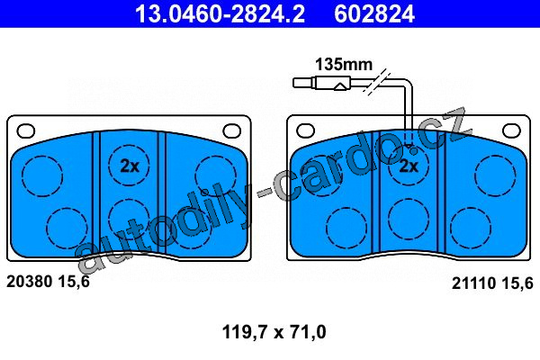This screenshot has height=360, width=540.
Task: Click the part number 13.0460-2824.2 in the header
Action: coord(220,13)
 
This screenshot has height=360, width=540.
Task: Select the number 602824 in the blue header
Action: coord(374,13)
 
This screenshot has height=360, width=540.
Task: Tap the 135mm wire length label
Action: coord(344,65)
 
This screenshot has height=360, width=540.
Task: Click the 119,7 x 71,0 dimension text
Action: coord(274,332)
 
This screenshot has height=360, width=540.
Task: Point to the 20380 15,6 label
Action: coord(48,282)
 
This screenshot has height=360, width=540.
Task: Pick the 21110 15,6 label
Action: coord(492,283)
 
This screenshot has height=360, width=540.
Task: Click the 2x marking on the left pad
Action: coord(130,166)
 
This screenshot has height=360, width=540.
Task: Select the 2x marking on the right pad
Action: coord(409,166)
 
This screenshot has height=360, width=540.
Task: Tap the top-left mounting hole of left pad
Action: coord(26,130)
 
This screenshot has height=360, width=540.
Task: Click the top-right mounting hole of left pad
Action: coord(232,130)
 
